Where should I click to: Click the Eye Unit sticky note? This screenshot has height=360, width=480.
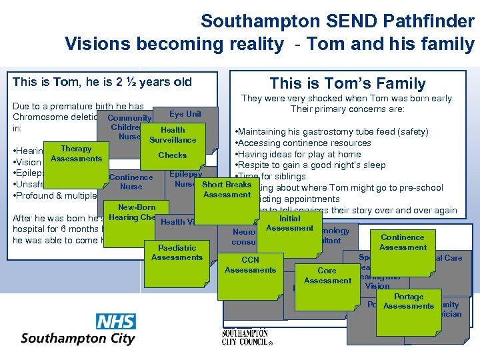tap(185, 114)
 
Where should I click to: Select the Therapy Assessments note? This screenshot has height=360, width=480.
tap(76, 154)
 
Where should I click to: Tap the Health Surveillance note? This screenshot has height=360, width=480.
tap(173, 135)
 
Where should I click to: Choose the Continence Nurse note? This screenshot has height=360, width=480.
tap(131, 182)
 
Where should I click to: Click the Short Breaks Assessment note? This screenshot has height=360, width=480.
tap(227, 189)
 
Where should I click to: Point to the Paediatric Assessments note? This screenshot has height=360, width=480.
tap(177, 253)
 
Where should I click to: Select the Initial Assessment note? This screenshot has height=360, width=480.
tap(289, 223)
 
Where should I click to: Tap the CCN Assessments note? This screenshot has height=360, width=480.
tap(250, 265)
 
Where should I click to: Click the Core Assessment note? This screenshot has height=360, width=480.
tap(327, 276)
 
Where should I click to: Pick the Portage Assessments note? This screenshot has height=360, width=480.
tap(408, 302)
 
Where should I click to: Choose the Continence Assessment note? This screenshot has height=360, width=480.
tap(403, 242)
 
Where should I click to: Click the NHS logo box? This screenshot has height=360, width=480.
tap(116, 321)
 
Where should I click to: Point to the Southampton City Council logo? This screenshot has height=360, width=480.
tap(247, 337)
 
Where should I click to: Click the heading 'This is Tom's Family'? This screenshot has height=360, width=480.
tap(347, 83)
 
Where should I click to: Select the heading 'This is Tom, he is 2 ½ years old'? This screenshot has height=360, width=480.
tap(102, 82)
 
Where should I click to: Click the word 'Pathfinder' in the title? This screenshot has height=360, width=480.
tap(427, 21)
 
